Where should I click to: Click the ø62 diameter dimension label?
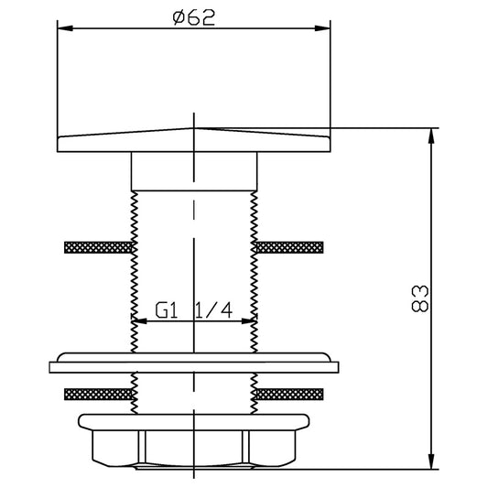[194, 17]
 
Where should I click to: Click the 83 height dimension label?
[420, 298]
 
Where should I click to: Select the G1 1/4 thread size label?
[194, 310]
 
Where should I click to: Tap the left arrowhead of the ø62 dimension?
[65, 28]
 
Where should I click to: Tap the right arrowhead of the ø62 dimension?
[322, 28]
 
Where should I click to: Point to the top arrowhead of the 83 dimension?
[431, 136]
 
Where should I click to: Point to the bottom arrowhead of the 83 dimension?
[431, 461]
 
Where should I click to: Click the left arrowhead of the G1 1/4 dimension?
[139, 320]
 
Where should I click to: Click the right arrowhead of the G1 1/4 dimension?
[249, 320]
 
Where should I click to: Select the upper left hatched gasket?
[98, 247]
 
